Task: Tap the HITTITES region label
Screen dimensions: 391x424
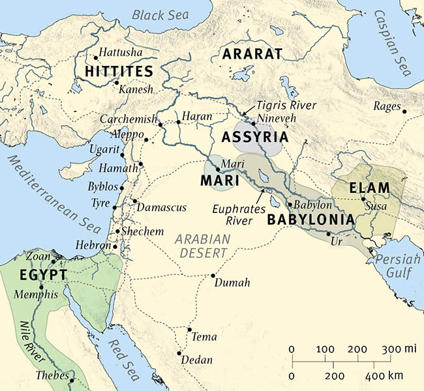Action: [119, 71]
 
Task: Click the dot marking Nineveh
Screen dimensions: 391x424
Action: [252, 123]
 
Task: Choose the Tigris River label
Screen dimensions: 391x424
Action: [288, 106]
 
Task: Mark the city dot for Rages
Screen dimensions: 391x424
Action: [405, 111]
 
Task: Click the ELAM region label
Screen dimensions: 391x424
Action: [369, 188]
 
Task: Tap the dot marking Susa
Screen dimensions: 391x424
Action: [363, 199]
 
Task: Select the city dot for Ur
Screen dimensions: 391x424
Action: [329, 233]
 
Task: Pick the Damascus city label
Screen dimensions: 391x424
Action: [162, 207]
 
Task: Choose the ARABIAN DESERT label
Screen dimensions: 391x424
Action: [202, 246]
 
